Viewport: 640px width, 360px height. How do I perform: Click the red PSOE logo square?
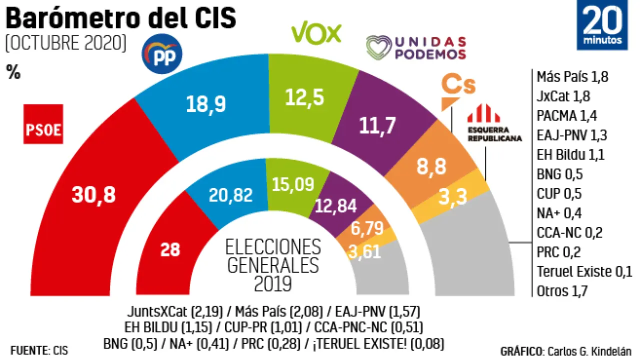tap(43, 130)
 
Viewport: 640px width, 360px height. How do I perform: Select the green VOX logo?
tap(316, 34)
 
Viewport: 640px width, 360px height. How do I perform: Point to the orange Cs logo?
tap(457, 90)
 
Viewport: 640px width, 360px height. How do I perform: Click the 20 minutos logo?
tap(602, 25)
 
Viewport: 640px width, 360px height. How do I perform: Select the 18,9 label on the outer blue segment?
tap(206, 103)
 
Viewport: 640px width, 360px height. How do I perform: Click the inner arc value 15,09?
tap(293, 184)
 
